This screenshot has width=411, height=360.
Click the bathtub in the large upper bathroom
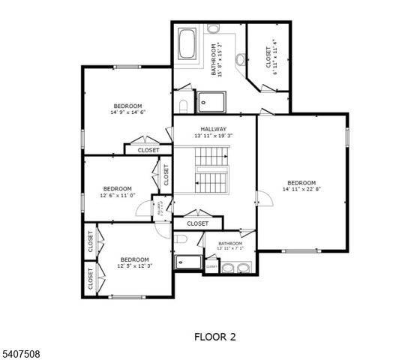click(187, 46)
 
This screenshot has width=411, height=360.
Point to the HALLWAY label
click(213, 129)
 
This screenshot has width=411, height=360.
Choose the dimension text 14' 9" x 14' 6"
click(127, 112)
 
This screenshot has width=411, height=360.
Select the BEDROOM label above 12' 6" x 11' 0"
click(117, 188)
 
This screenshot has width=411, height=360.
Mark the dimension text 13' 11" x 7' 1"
click(229, 249)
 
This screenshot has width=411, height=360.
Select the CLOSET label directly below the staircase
click(197, 223)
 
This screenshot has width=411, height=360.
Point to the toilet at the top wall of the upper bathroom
click(214, 28)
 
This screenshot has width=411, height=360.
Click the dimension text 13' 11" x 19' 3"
click(214, 136)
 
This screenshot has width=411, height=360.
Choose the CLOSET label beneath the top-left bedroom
click(148, 150)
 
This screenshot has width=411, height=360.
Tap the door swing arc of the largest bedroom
click(263, 199)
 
